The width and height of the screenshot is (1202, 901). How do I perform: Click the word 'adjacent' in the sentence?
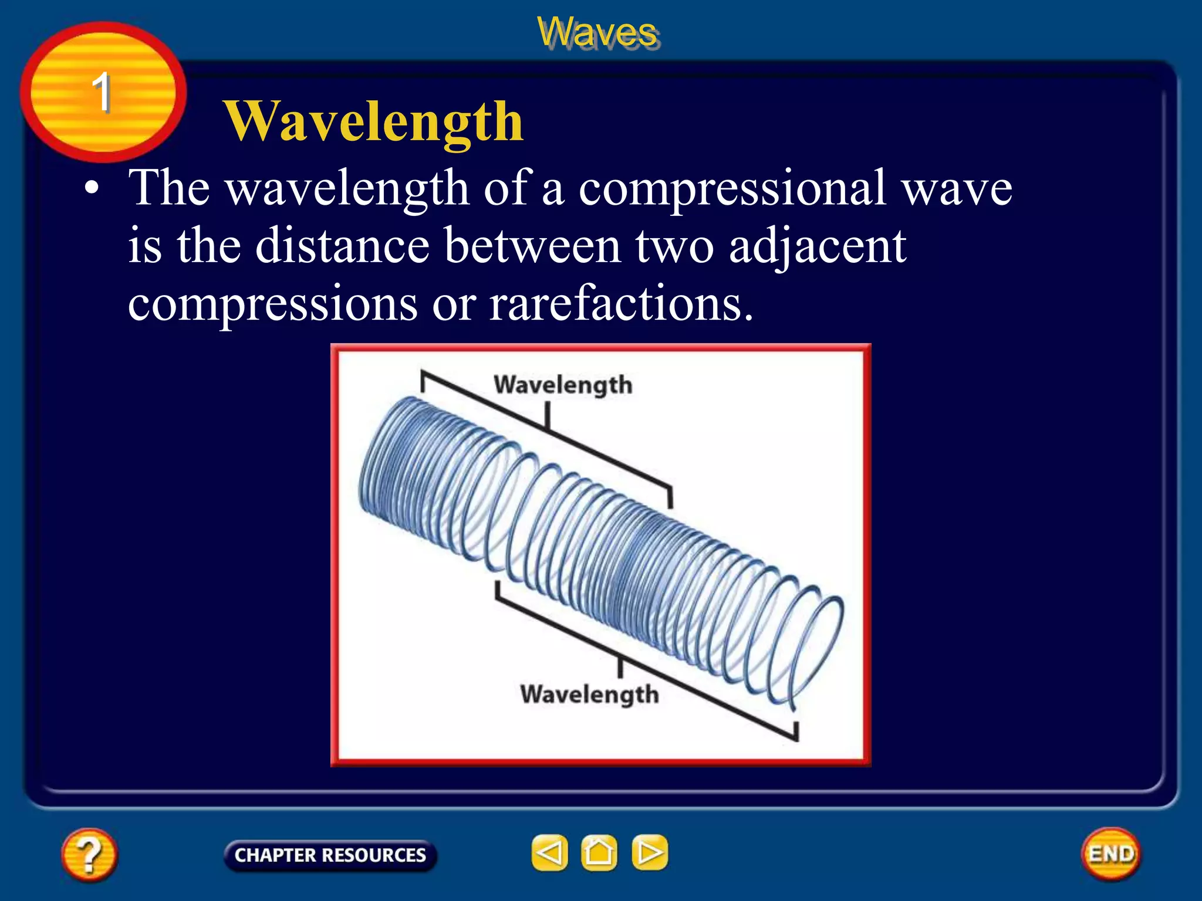click(817, 246)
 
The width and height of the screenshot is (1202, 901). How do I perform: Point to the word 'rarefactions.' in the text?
click(620, 304)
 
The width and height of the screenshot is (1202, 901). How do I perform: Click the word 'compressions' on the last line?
click(272, 304)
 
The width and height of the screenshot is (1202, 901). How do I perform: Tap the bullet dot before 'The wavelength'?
click(91, 189)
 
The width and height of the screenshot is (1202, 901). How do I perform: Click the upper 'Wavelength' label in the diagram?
click(563, 385)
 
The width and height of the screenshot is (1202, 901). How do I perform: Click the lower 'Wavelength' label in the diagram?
click(589, 695)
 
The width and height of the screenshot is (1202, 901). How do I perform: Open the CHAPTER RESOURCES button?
click(330, 855)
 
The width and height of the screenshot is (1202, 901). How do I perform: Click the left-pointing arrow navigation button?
click(549, 852)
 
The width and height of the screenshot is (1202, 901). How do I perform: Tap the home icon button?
click(599, 852)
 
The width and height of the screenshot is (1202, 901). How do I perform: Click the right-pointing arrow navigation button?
click(649, 852)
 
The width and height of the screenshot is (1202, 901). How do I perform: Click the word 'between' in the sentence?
click(532, 246)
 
